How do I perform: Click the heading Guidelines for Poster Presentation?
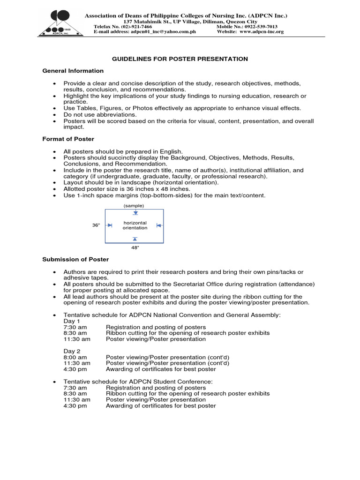(x=179, y=59)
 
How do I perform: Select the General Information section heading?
(x=73, y=71)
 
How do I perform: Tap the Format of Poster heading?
(x=68, y=139)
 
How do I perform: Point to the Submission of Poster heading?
(x=75, y=259)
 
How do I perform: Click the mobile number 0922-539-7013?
(x=260, y=27)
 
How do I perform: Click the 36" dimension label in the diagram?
(x=96, y=225)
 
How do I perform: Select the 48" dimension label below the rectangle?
(x=135, y=248)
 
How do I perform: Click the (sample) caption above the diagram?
(x=134, y=206)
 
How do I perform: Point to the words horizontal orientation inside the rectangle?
(x=135, y=225)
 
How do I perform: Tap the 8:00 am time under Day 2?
(x=75, y=357)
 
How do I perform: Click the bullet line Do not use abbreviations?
(x=100, y=114)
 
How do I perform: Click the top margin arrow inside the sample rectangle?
(x=135, y=213)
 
